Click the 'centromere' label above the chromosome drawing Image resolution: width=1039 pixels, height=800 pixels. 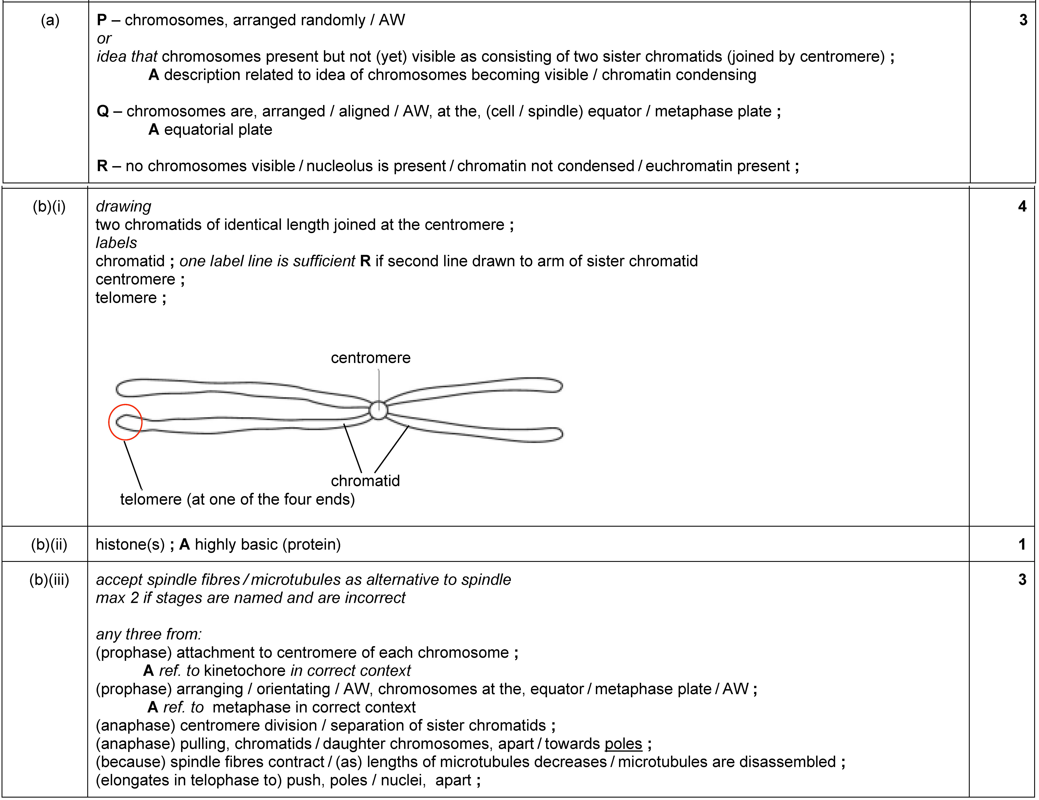point(371,358)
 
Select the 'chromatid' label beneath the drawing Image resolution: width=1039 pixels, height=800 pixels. point(365,481)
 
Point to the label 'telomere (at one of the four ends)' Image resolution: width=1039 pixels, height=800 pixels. point(237,499)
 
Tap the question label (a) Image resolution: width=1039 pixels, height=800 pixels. point(50,20)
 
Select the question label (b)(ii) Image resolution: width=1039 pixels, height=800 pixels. point(49,545)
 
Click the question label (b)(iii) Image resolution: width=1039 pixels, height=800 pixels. point(49,580)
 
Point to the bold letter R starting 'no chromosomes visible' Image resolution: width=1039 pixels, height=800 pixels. point(102,166)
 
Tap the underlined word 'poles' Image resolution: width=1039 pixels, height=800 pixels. point(623,744)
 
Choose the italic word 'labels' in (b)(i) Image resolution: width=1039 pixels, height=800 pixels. point(116,243)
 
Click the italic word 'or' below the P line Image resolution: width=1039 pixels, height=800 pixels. point(104,39)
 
